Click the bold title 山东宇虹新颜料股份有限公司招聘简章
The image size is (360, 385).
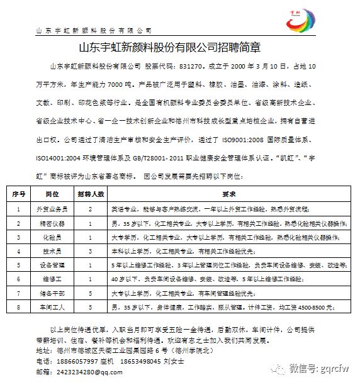pyautogui.click(x=179, y=47)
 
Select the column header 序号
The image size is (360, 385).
pyautogui.click(x=19, y=194)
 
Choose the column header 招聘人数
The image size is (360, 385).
pyautogui.click(x=91, y=194)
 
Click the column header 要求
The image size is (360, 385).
pyautogui.click(x=229, y=194)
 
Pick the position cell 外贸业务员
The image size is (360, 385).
pyautogui.click(x=52, y=208)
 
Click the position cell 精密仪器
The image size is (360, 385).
pyautogui.click(x=52, y=223)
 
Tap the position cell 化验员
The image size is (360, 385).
pyautogui.click(x=52, y=237)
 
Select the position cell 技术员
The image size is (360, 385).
pyautogui.click(x=52, y=251)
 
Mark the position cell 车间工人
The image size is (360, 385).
pyautogui.click(x=52, y=307)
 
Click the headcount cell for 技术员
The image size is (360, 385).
pyautogui.click(x=91, y=251)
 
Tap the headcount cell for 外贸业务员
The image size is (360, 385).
pyautogui.click(x=91, y=208)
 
